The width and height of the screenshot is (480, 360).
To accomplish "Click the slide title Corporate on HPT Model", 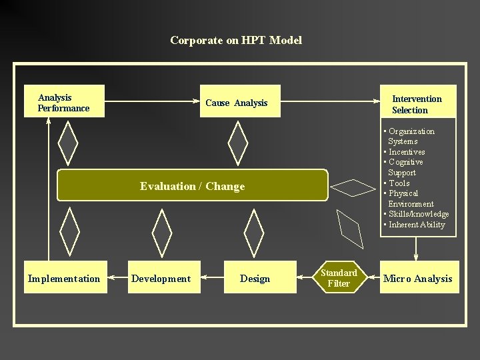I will click(236, 40).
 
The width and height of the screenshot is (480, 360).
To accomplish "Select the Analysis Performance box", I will click(65, 102).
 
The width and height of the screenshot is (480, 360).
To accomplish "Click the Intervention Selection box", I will click(418, 103).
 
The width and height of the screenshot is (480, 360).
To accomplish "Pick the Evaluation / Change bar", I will click(193, 186).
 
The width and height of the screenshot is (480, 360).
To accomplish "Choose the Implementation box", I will click(64, 278).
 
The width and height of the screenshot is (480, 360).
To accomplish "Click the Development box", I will click(161, 278).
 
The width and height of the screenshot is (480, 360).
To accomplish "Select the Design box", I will click(255, 278).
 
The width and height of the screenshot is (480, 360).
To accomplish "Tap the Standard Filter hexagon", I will click(339, 278).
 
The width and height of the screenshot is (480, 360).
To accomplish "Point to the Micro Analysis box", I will click(418, 278).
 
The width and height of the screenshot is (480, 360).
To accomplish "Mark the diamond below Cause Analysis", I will click(237, 143).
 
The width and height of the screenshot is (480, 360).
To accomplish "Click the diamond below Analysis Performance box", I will click(68, 143).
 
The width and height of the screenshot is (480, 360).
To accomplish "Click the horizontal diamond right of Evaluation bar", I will click(354, 187).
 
